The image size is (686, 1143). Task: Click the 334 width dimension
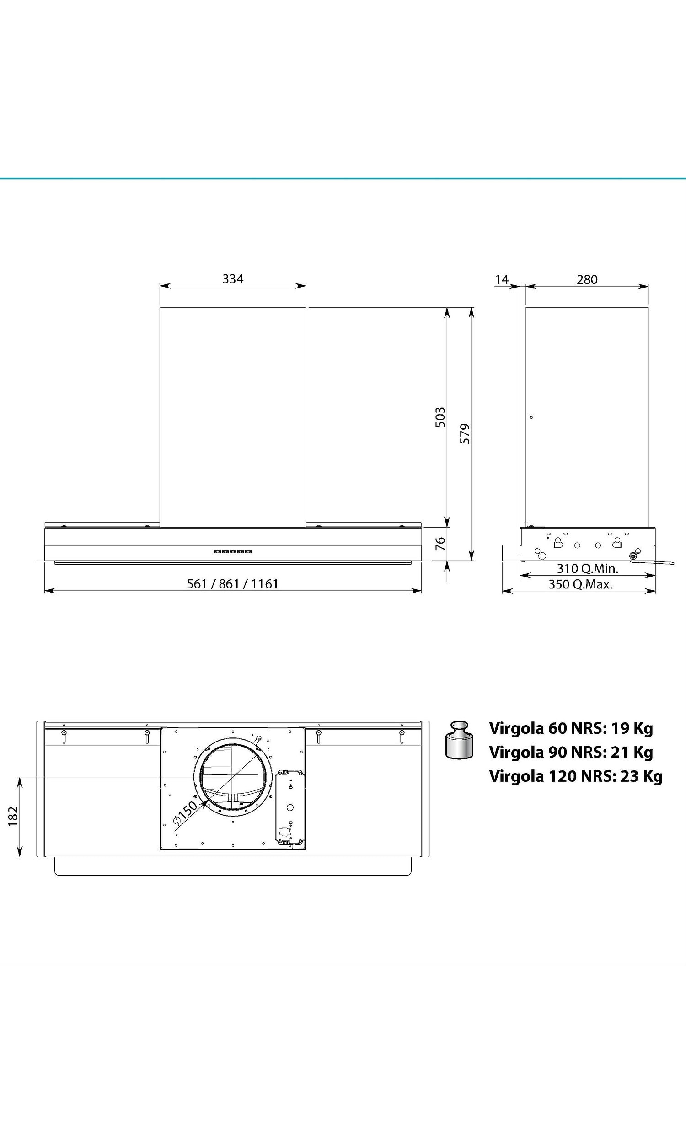click(232, 279)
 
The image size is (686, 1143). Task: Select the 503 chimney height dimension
click(440, 417)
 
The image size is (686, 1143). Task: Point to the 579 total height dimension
click(465, 433)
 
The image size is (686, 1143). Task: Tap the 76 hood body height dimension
click(440, 543)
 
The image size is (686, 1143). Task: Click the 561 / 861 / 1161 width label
click(232, 584)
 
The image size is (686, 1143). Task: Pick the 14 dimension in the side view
click(502, 279)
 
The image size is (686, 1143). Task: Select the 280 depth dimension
click(587, 279)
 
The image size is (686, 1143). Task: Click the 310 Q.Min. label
click(587, 568)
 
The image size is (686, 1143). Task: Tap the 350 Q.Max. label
click(580, 584)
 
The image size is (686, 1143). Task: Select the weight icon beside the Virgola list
click(459, 740)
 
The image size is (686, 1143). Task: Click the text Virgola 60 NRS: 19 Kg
click(571, 728)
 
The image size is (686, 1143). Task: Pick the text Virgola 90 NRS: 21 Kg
click(571, 752)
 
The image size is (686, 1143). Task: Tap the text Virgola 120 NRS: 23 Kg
click(575, 776)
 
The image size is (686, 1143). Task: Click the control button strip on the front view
click(232, 552)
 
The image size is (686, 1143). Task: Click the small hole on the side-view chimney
click(531, 417)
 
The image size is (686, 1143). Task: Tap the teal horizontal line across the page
click(343, 178)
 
